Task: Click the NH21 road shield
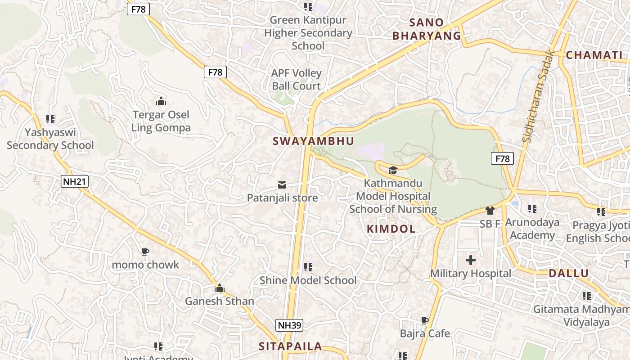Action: tap(75, 181)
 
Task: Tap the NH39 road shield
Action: tap(289, 325)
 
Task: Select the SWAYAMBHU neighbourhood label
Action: tap(314, 141)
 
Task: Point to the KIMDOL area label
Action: tap(391, 229)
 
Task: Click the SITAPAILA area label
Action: tap(290, 346)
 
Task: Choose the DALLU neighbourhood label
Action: tap(569, 273)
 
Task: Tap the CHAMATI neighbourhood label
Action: tap(594, 55)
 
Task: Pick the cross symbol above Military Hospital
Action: tap(471, 260)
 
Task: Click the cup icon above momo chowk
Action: tap(145, 252)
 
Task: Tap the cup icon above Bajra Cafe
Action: tap(424, 320)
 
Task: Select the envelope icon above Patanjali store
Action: tap(282, 185)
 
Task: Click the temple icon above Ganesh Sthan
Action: tap(220, 288)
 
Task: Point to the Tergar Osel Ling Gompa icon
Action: tap(161, 101)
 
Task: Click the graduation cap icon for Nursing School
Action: tap(393, 170)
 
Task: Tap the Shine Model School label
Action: tap(308, 280)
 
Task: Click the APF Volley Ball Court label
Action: tap(296, 79)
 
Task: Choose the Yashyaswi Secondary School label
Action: tap(50, 139)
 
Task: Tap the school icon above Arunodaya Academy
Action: tap(532, 209)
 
